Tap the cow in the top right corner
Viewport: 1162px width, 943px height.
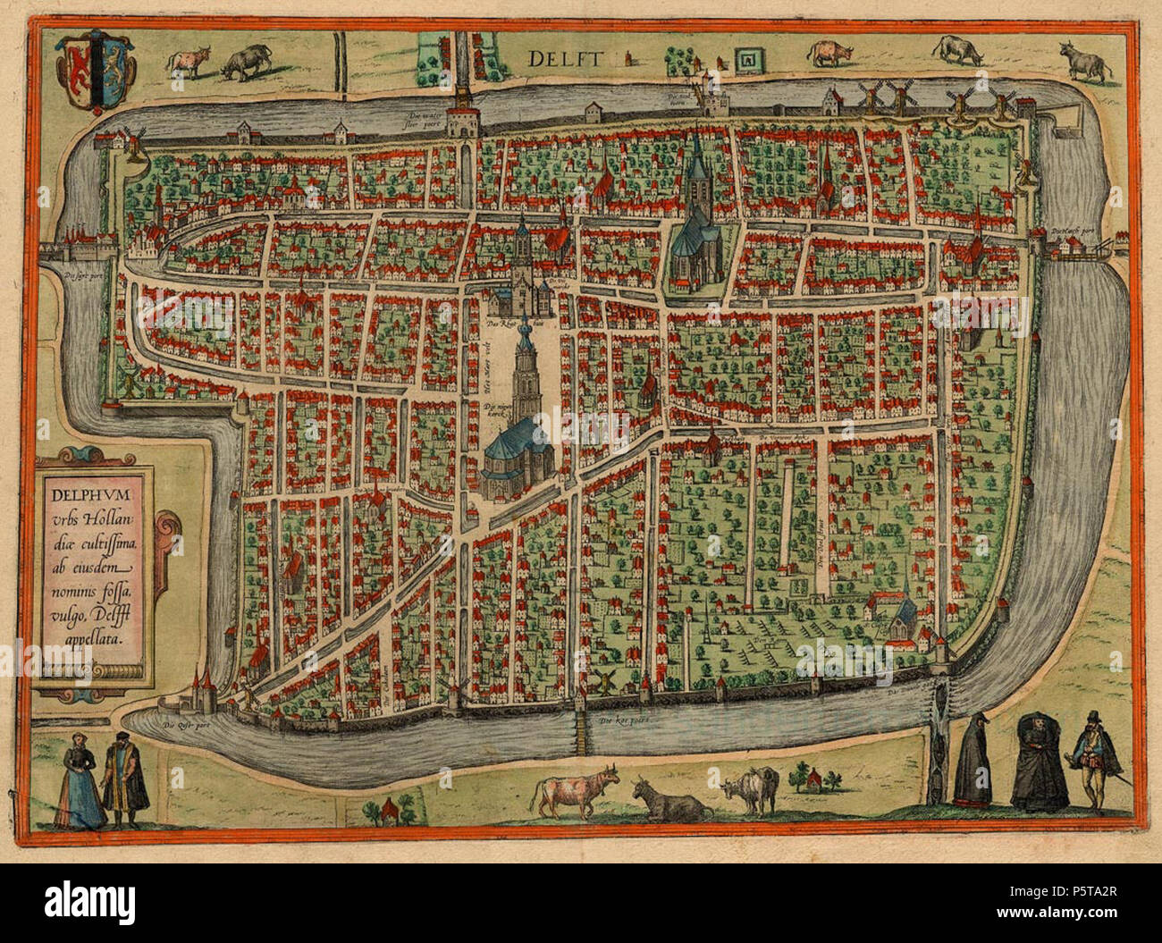pyautogui.click(x=1085, y=62)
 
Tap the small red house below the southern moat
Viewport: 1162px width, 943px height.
pyautogui.click(x=388, y=810)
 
